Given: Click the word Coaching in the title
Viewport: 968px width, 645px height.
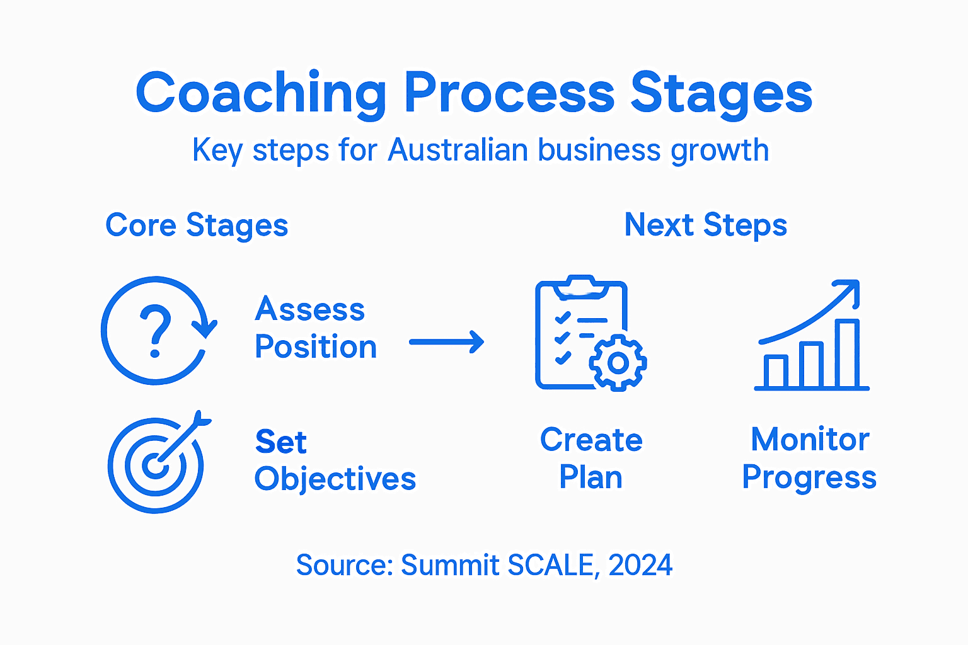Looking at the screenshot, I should click(x=262, y=93).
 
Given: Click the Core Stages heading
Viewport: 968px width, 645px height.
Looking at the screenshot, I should click(x=197, y=225).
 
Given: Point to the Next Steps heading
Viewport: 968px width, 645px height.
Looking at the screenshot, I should click(x=705, y=225).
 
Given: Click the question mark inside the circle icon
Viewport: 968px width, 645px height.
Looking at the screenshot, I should click(x=155, y=329).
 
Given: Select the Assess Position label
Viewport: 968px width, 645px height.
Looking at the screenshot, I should click(x=315, y=328).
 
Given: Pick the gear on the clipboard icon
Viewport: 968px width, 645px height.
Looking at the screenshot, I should click(x=618, y=363).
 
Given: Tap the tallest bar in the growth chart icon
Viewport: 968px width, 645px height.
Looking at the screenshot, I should click(x=847, y=354).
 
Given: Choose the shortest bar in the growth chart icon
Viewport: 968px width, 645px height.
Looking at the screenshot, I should click(x=776, y=372).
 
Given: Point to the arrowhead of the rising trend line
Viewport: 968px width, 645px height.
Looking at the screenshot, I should click(x=850, y=289).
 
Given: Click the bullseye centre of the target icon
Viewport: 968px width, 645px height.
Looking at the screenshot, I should click(x=154, y=466).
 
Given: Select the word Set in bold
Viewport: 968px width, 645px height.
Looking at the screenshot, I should click(x=280, y=442).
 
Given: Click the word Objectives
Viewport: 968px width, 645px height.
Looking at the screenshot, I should click(x=335, y=479).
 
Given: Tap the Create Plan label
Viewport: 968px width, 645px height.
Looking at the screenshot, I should click(x=591, y=459).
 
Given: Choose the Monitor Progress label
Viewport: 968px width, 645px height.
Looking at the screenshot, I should click(x=809, y=459).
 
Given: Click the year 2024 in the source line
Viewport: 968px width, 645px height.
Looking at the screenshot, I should click(x=640, y=565).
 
